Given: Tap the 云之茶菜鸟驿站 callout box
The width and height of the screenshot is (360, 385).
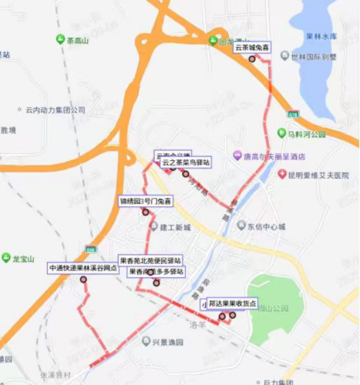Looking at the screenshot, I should (x=185, y=162).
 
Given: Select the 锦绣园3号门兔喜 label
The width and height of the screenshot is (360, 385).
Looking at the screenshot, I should (x=145, y=201).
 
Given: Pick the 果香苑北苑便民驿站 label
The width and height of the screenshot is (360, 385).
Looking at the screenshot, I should (x=150, y=260).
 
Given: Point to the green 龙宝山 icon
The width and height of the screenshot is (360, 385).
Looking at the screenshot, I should (x=6, y=259).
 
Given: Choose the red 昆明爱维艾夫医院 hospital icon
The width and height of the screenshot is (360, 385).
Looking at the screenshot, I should (x=284, y=175).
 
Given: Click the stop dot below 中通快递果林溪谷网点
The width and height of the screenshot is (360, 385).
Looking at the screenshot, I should (x=83, y=280).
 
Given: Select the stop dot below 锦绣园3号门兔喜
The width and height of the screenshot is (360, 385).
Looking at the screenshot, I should (x=145, y=213).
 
